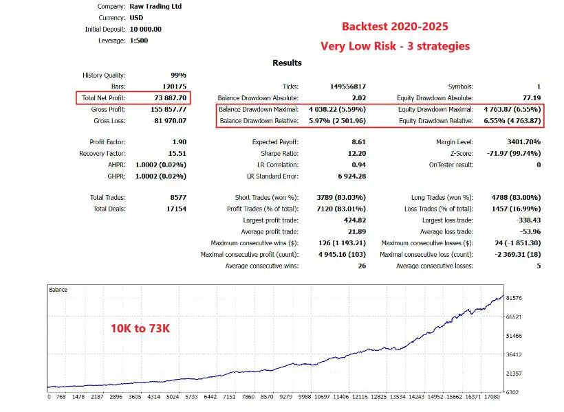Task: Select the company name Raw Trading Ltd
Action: [151, 7]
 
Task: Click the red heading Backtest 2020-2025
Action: [395, 27]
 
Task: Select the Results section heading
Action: [287, 62]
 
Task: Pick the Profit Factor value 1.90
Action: [178, 142]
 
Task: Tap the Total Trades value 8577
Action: [176, 198]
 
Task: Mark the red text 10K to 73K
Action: [140, 328]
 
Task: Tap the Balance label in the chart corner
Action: [58, 290]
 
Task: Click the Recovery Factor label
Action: [102, 154]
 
